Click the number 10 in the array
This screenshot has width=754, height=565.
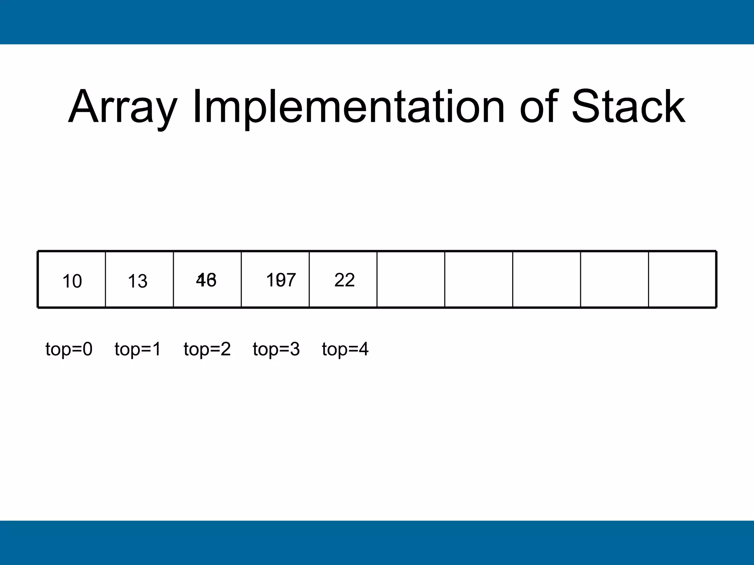(x=72, y=281)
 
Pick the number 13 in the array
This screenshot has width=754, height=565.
(x=138, y=281)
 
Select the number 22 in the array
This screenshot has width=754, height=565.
(x=345, y=280)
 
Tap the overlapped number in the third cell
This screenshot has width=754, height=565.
(x=206, y=280)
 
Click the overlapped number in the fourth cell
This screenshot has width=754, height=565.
(x=281, y=280)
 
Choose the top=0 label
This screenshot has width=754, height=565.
(x=69, y=349)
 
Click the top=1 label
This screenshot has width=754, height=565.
(x=138, y=349)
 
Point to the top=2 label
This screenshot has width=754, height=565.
(x=207, y=349)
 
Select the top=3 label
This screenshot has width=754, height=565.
(x=276, y=349)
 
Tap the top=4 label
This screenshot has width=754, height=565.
(x=345, y=349)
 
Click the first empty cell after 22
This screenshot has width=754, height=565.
(x=411, y=280)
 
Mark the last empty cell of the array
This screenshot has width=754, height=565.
(x=682, y=280)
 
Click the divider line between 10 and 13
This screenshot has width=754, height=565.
(x=105, y=280)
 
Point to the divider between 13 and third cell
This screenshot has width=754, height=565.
(x=173, y=280)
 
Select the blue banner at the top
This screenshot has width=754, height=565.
(x=377, y=22)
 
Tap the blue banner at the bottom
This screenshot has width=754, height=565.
(x=377, y=543)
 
